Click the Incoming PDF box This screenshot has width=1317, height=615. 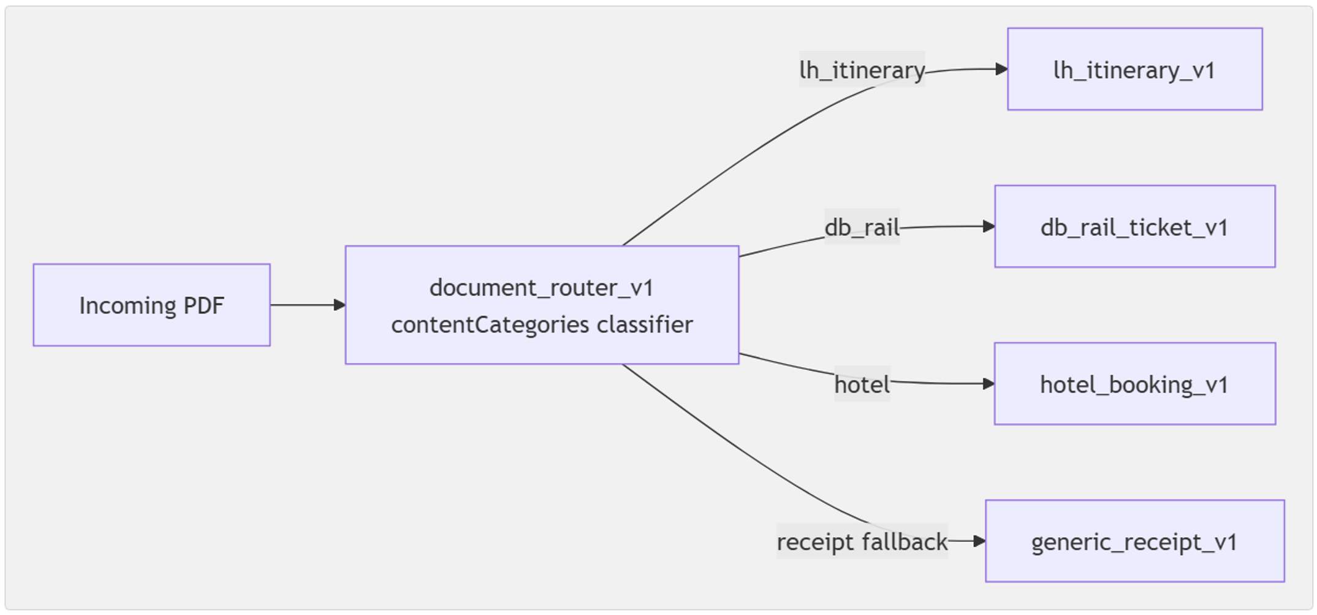click(x=151, y=305)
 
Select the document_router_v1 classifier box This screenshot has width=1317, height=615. click(x=542, y=305)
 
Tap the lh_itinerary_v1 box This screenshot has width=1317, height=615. click(x=1134, y=69)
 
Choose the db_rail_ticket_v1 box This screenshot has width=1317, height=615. click(x=1134, y=226)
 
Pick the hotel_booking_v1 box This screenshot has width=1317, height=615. click(x=1134, y=384)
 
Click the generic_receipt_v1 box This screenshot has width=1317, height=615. click(x=1134, y=541)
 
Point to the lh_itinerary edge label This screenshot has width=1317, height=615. click(x=862, y=70)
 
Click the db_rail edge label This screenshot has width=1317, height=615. click(x=862, y=227)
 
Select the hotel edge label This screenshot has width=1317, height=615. click(x=862, y=384)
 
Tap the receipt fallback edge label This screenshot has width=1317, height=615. click(x=862, y=541)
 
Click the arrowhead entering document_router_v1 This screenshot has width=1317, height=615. click(x=340, y=305)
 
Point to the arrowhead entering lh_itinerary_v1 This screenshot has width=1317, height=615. click(x=1002, y=69)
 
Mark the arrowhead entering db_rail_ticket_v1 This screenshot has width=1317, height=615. click(x=989, y=226)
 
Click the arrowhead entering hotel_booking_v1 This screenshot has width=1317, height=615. click(x=989, y=384)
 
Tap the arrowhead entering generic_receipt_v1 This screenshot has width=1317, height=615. click(x=980, y=541)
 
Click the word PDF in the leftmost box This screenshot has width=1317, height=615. click(x=204, y=305)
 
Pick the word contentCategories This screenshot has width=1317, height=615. click(x=490, y=324)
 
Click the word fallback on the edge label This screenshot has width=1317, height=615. click(x=905, y=541)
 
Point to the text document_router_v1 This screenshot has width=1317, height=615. click(x=542, y=288)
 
